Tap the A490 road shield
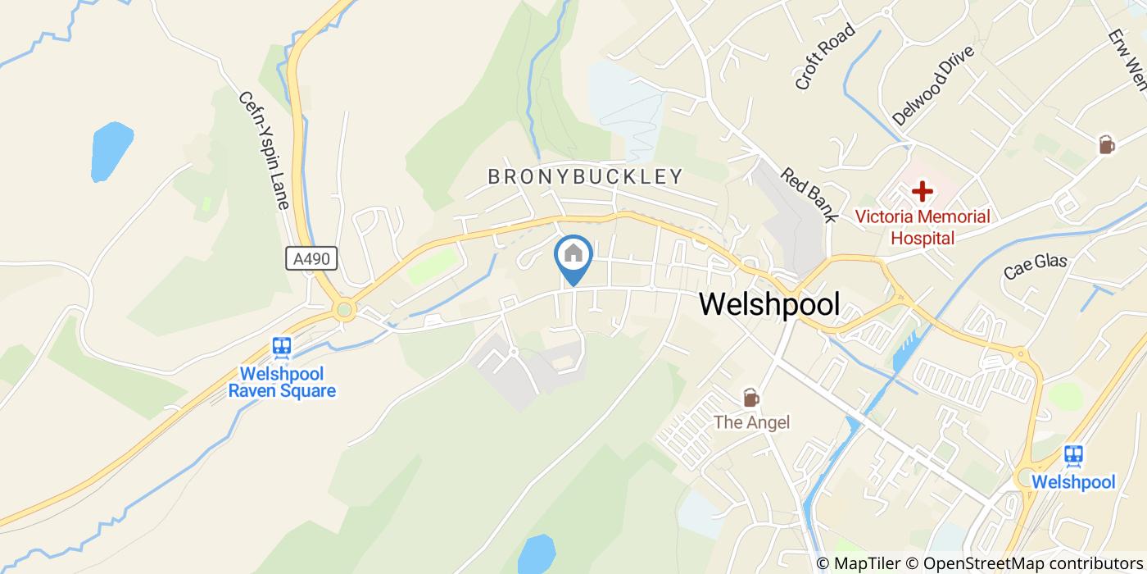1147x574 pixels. (x=311, y=259)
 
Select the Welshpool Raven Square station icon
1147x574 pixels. (x=283, y=347)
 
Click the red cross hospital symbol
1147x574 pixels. (x=923, y=193)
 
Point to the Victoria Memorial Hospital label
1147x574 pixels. (x=923, y=227)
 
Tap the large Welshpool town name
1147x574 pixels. (x=769, y=304)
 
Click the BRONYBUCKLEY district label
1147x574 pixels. (x=585, y=176)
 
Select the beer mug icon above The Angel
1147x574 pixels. (x=750, y=398)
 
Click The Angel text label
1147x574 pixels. (x=751, y=422)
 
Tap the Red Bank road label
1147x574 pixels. (x=808, y=195)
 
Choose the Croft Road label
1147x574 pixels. (x=824, y=57)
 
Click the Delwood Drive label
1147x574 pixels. (x=933, y=85)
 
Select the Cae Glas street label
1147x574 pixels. (x=1036, y=266)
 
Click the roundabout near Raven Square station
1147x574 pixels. (x=344, y=310)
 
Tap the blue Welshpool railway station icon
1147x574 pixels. (x=1072, y=455)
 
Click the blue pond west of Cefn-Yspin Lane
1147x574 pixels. (x=111, y=152)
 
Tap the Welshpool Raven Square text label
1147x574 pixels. (x=282, y=381)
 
